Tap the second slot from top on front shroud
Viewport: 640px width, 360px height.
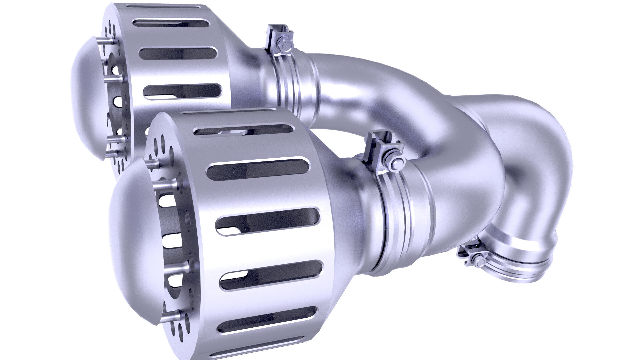click(x=259, y=169)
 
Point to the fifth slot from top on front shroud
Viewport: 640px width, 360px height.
click(x=267, y=320)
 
